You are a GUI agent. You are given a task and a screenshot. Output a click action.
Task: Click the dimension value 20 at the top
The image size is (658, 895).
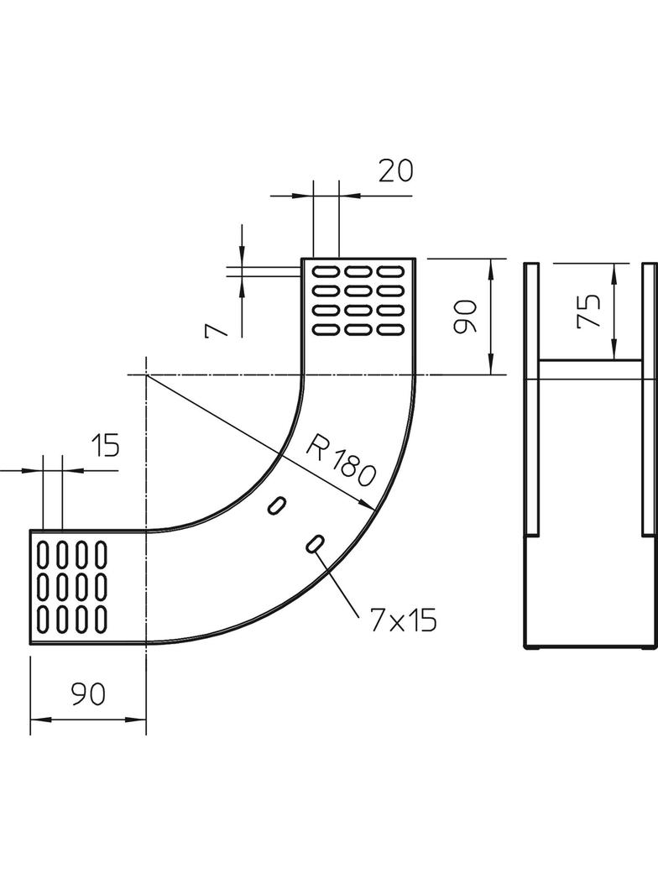pyautogui.click(x=395, y=170)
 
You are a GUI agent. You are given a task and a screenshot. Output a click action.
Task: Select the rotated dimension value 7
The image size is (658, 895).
pyautogui.click(x=217, y=325)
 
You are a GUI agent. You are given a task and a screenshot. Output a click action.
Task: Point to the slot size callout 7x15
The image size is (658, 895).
pyautogui.click(x=403, y=620)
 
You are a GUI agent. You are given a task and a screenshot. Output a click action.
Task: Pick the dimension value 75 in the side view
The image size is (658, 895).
pyautogui.click(x=590, y=311)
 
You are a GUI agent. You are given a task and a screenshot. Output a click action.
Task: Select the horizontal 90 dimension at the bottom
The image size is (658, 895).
pyautogui.click(x=87, y=694)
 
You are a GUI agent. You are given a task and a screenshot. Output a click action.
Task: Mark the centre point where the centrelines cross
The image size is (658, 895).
pyautogui.click(x=146, y=374)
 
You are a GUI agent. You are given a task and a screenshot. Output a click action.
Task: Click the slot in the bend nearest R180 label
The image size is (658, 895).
pyautogui.click(x=277, y=504)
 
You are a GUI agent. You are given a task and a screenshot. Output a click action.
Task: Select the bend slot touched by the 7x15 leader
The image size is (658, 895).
pyautogui.click(x=315, y=544)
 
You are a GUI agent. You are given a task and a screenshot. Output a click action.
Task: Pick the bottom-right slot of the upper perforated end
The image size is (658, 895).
pyautogui.click(x=390, y=330)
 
